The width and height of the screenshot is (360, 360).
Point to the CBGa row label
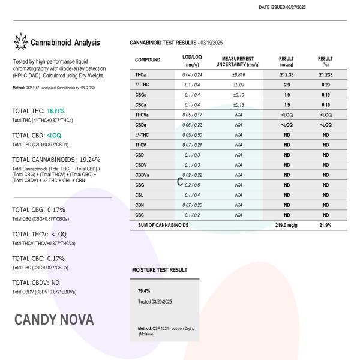[x=142, y=94]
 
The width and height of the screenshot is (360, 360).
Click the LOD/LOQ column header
[x=193, y=61]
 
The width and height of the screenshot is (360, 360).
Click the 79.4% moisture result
[x=144, y=290]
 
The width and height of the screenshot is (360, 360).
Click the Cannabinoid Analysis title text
[x=65, y=43]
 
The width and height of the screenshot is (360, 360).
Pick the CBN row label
[x=140, y=205]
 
